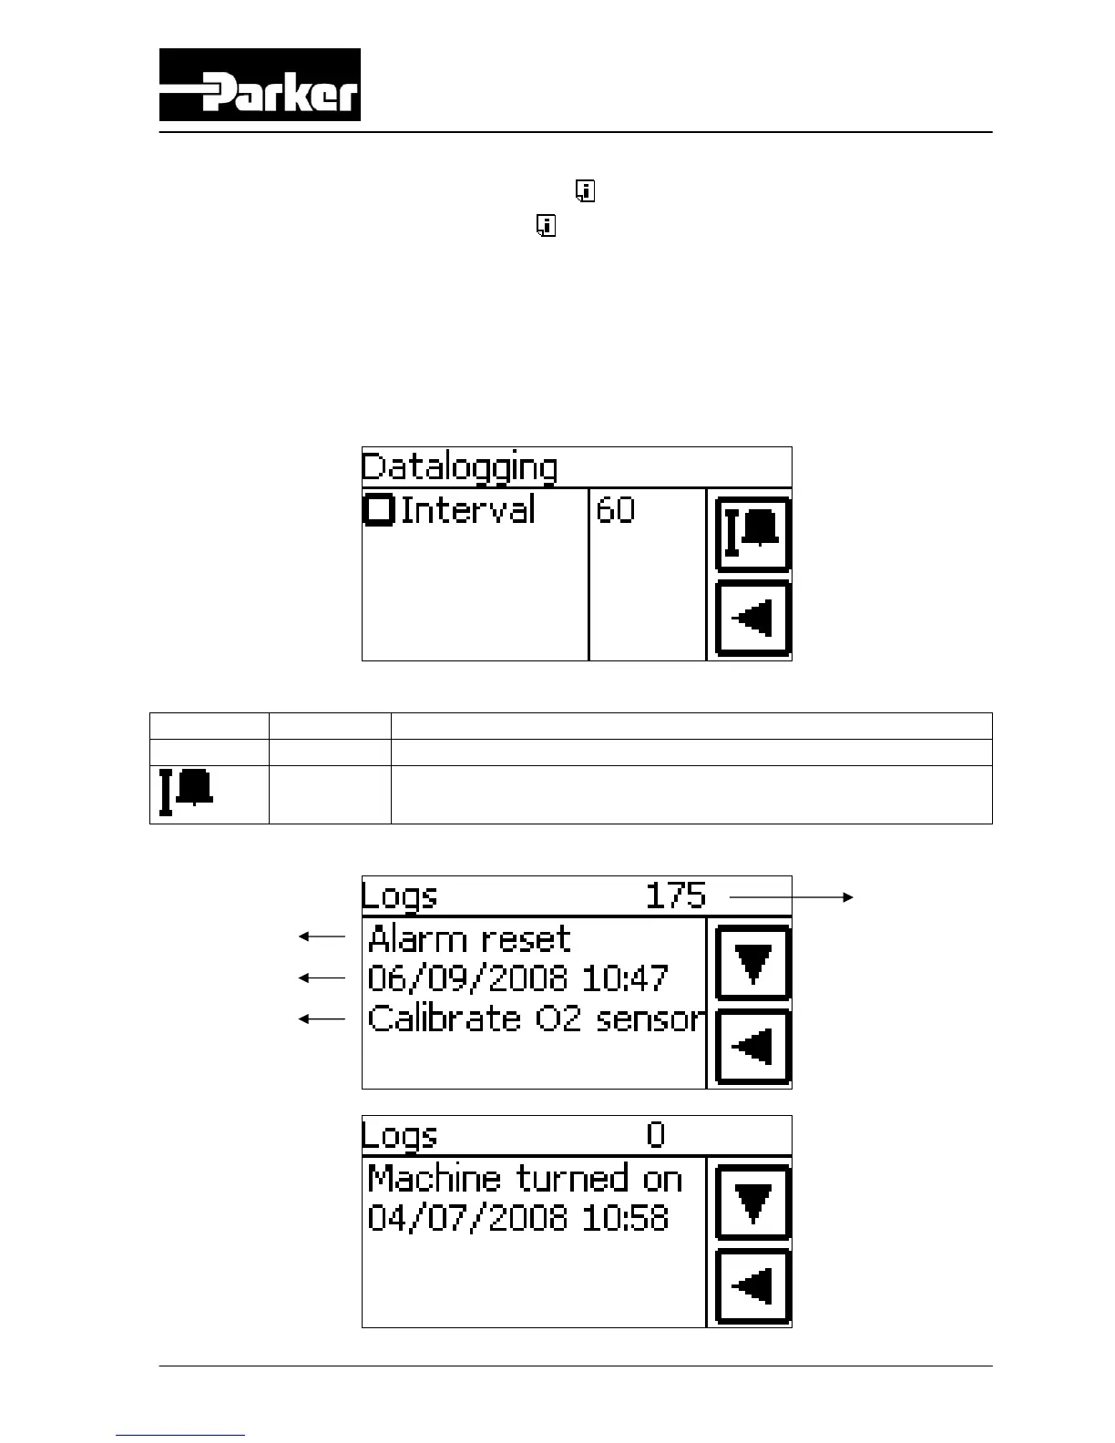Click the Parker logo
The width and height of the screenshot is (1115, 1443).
coord(260,85)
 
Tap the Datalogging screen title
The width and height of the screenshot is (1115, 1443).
coord(458,467)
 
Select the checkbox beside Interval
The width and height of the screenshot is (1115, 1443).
coord(378,509)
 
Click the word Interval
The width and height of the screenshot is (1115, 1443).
coord(467,509)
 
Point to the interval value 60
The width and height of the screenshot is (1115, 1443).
coord(615,510)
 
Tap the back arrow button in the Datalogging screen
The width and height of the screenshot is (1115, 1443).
coord(752,619)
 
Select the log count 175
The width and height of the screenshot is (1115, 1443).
coord(675,895)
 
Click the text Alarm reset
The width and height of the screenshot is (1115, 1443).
coord(469,938)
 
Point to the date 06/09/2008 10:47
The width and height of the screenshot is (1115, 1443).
coord(517,978)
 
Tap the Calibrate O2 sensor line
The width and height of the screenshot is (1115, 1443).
coord(536,1018)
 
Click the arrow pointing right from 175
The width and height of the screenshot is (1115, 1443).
coord(791,897)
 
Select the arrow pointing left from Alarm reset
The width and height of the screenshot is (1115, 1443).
coord(322,936)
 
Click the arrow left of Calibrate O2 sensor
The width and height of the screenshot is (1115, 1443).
coord(322,1019)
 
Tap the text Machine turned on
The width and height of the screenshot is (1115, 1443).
coord(525,1179)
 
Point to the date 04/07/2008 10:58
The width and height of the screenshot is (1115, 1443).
coord(517,1218)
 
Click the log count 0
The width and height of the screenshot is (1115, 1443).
coord(656,1135)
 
